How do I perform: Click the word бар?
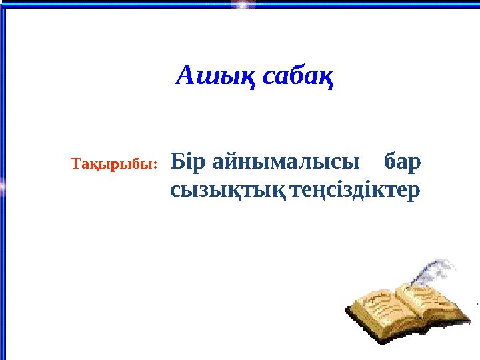click(403, 161)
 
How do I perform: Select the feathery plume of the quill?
click(437, 270)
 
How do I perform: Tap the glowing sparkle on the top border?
click(244, 4)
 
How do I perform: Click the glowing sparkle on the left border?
click(3, 189)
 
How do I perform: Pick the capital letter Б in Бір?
click(177, 161)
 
